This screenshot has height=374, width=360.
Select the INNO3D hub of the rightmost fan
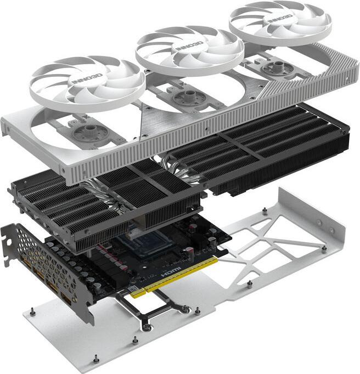tap(280, 16)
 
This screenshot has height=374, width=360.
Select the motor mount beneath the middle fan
tap(190, 97)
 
